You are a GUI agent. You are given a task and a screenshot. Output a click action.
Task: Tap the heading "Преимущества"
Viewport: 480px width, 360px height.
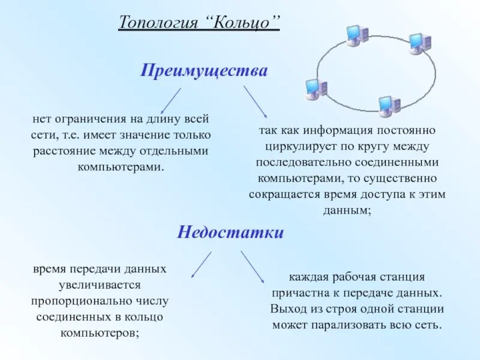[x=204, y=71]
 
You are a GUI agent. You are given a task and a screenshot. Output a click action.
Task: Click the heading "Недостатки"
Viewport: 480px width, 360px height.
[x=230, y=233]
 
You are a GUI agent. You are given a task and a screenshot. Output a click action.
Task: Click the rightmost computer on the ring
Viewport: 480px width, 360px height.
[x=419, y=43]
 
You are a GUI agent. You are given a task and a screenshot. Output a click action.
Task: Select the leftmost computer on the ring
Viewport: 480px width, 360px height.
[x=316, y=89]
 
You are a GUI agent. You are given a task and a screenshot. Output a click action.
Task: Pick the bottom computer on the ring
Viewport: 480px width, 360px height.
[x=389, y=105]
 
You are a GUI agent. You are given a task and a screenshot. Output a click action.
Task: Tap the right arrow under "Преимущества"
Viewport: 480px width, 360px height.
[x=255, y=101]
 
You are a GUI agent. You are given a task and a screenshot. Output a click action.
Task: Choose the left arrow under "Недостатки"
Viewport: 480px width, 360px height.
[x=201, y=264]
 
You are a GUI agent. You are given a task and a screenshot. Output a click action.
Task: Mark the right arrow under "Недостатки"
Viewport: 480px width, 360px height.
[x=253, y=266]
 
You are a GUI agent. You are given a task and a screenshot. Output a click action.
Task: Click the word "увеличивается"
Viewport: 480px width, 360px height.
[x=96, y=285]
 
